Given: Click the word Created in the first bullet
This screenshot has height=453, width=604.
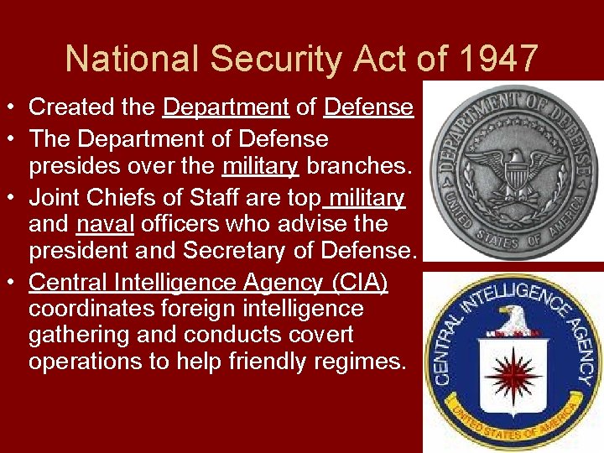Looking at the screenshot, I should click(65, 107).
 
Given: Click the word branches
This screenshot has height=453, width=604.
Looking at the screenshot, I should click(359, 166).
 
